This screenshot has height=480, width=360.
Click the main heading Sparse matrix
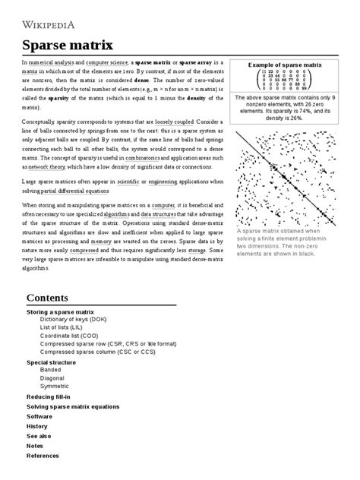(x=62, y=44)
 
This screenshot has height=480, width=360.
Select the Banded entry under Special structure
(x=52, y=369)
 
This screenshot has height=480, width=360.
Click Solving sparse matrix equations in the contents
(x=73, y=406)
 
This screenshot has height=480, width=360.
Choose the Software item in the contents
(x=39, y=416)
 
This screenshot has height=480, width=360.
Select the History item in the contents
(x=37, y=426)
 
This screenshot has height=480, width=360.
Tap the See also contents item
(x=39, y=436)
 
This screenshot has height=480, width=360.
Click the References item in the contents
(x=43, y=456)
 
